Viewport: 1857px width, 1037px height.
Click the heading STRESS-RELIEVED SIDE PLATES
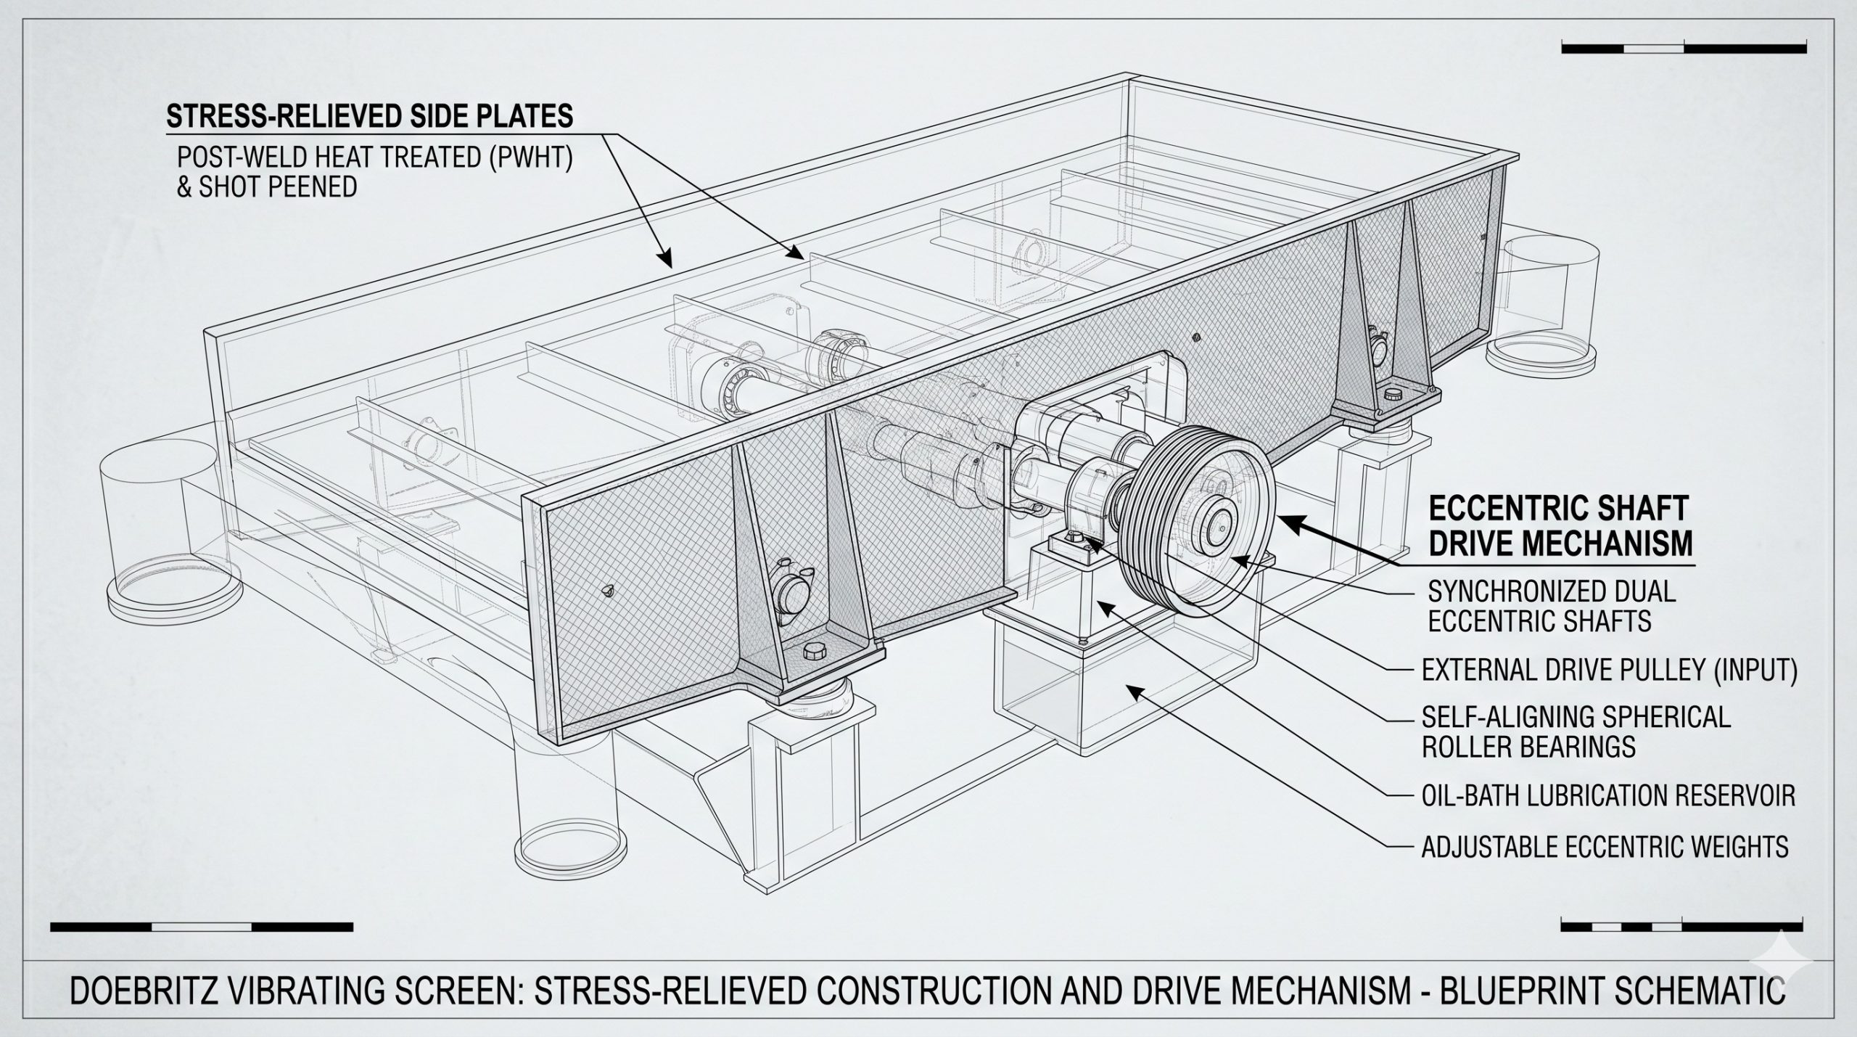(x=370, y=116)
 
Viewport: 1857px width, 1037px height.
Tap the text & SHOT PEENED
(x=267, y=187)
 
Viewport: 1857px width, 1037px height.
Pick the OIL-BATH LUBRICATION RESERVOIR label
(x=1608, y=796)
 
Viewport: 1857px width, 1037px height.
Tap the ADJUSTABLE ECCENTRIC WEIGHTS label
(x=1605, y=847)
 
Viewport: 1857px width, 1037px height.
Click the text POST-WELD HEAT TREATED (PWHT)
(x=375, y=159)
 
